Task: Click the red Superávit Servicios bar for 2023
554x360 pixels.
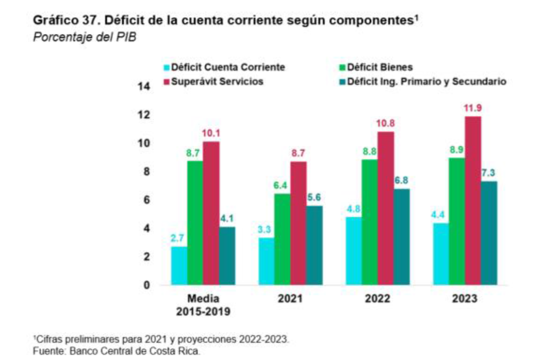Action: click(473, 201)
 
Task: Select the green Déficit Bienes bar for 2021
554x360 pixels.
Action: click(282, 239)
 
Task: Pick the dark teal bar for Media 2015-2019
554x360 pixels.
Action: click(227, 256)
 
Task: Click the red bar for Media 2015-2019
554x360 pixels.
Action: click(211, 213)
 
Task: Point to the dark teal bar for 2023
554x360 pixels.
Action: click(489, 233)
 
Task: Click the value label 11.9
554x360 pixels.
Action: click(473, 108)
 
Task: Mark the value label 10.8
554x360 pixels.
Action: click(386, 124)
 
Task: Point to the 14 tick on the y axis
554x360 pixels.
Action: click(144, 87)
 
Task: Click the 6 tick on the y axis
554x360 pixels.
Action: click(147, 200)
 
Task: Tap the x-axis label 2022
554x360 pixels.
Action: click(377, 299)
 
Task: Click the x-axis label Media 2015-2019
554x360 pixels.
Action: click(203, 305)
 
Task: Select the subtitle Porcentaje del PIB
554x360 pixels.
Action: click(84, 37)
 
